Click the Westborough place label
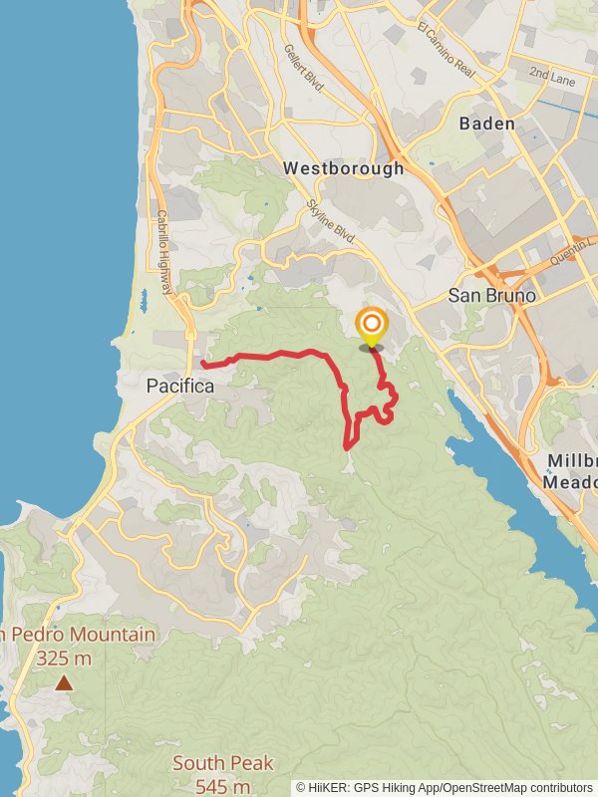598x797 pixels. click(344, 168)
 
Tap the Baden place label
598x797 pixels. click(487, 124)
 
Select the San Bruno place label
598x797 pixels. click(492, 296)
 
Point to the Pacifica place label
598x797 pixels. click(180, 385)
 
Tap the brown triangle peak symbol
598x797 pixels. click(64, 683)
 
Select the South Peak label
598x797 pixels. click(222, 764)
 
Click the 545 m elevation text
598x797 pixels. click(222, 786)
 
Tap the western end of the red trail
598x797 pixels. click(202, 364)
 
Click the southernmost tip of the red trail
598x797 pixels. click(348, 446)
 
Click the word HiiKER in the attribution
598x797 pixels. click(332, 787)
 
